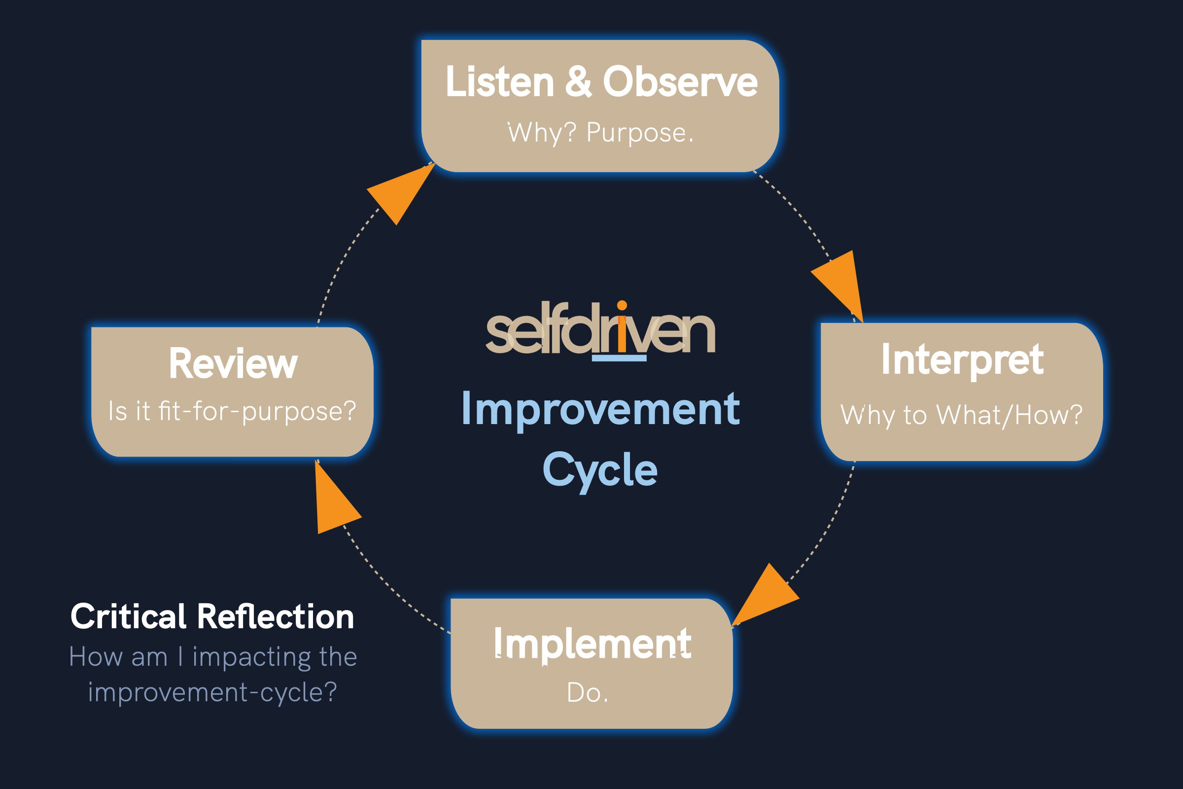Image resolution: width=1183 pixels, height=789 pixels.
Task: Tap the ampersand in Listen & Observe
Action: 578,82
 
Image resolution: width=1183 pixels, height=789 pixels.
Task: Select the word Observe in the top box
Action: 680,82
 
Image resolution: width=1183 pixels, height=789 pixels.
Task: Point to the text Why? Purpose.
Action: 600,133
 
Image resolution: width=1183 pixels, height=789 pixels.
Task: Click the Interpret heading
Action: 962,360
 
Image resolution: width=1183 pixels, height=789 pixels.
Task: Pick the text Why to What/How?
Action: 961,415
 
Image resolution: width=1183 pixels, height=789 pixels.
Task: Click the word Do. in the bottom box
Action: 588,693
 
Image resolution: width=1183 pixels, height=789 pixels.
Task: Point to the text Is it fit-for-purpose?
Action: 232,411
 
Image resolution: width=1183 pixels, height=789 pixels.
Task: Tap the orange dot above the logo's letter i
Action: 622,305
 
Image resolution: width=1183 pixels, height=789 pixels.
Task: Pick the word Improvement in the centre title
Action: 600,409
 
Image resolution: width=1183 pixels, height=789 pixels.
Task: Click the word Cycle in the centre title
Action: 600,469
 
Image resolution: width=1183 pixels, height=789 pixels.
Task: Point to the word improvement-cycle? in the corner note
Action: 212,692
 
